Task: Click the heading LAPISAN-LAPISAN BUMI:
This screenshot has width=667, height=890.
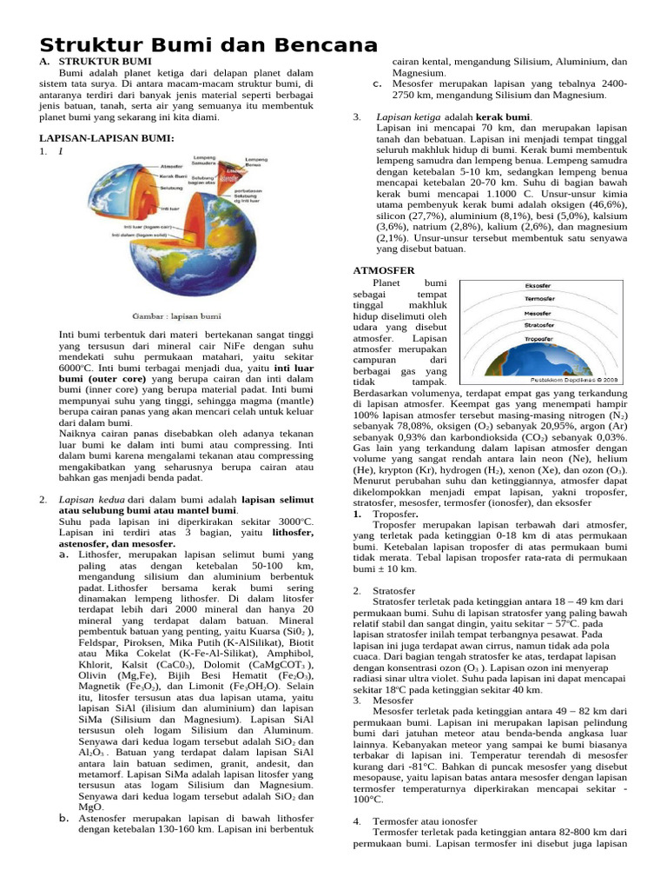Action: pos(107,138)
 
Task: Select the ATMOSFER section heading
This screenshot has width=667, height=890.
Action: pos(386,270)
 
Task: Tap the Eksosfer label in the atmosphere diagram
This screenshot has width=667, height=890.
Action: pos(538,286)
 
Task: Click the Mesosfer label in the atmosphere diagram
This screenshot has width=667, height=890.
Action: pos(538,313)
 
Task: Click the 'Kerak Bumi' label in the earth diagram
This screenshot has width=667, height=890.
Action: pos(173,176)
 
